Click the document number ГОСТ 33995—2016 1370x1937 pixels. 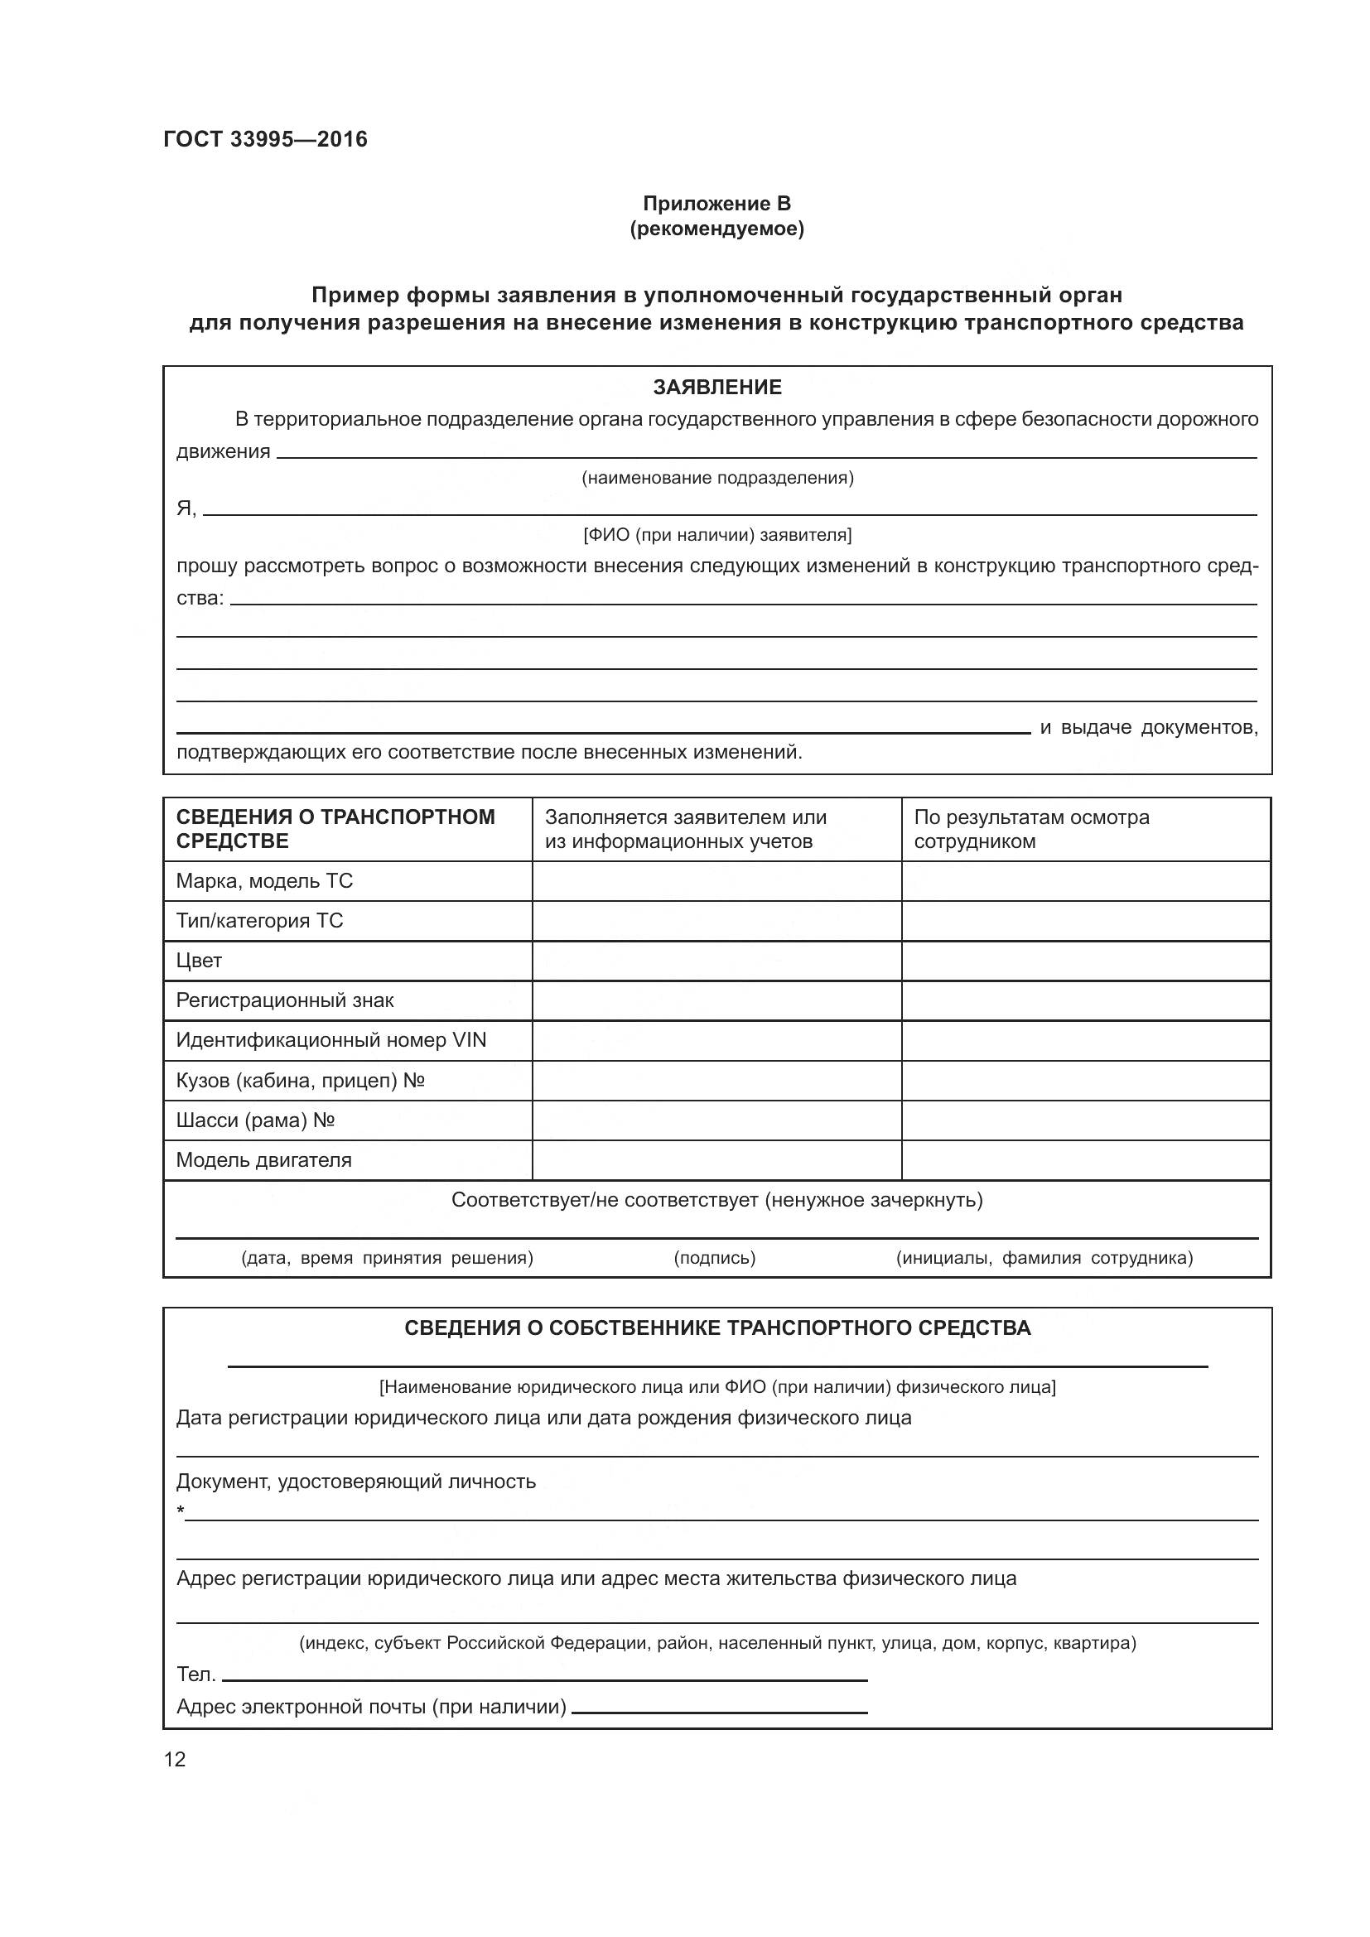click(x=265, y=139)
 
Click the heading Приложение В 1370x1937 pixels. click(x=716, y=204)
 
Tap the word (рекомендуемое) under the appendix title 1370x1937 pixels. click(x=716, y=229)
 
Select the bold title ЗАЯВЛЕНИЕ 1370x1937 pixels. click(x=717, y=388)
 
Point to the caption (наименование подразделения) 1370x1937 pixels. click(x=717, y=479)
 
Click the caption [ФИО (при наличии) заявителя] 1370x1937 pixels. click(x=717, y=535)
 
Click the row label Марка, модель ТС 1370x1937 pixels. click(x=264, y=881)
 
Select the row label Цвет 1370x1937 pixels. click(x=199, y=960)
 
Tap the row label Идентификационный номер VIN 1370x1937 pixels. click(x=330, y=1040)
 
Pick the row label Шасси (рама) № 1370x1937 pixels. click(x=256, y=1120)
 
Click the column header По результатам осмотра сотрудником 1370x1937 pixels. click(x=1031, y=828)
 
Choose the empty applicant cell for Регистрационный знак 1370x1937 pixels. click(x=716, y=1000)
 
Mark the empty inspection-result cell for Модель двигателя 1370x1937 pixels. click(x=1085, y=1160)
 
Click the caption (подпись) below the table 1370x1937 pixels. click(x=715, y=1258)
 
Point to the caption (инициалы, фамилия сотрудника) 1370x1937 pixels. click(x=1044, y=1258)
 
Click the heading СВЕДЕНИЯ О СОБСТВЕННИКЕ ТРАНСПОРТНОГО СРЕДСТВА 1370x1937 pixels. click(x=717, y=1327)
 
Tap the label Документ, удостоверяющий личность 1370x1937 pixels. click(x=355, y=1482)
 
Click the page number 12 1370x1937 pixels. click(x=175, y=1759)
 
